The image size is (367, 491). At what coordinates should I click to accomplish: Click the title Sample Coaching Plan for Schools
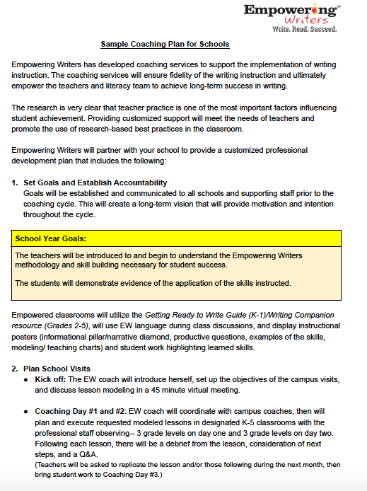(x=165, y=44)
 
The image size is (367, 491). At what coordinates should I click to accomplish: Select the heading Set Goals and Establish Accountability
(x=95, y=183)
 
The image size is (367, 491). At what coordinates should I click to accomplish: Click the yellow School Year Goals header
(x=60, y=239)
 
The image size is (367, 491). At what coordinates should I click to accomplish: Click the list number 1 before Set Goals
(x=14, y=183)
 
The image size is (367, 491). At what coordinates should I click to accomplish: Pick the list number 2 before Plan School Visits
(x=14, y=369)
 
